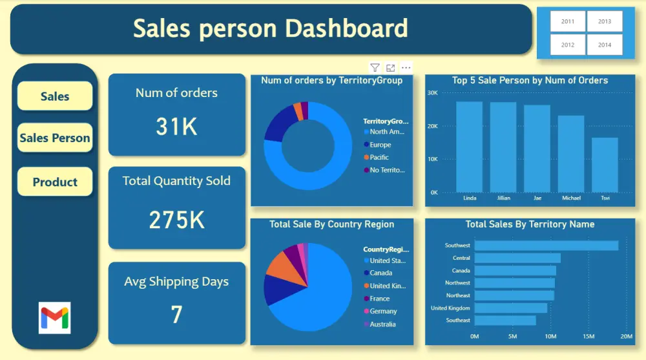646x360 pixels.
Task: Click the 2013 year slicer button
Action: [x=605, y=21]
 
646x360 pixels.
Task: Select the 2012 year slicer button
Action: [x=568, y=45]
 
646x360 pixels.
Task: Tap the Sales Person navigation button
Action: [x=55, y=138]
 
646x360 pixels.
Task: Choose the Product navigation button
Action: [x=55, y=182]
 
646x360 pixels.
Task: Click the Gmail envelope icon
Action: [x=55, y=317]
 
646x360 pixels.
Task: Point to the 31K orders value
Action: [x=176, y=127]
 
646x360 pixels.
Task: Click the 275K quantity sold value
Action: [x=176, y=220]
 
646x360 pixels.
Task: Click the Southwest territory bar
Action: [x=546, y=246]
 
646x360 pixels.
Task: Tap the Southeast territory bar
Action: [x=505, y=321]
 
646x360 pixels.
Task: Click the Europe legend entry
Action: [x=380, y=145]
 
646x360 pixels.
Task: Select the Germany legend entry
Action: [x=383, y=312]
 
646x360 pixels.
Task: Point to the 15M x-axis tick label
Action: [x=589, y=336]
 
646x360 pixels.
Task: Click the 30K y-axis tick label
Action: [x=433, y=92]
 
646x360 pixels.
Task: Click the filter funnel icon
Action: [x=375, y=68]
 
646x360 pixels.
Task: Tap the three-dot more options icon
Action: [x=406, y=68]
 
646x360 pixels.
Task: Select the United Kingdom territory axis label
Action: [x=450, y=308]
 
